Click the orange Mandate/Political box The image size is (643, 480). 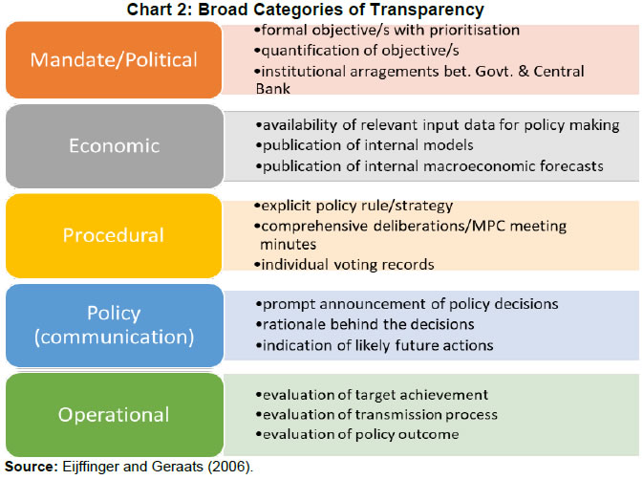point(114,60)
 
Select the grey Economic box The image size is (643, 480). point(114,146)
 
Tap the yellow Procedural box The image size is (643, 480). point(114,234)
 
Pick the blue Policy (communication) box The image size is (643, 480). point(114,324)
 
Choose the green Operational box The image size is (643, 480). point(114,414)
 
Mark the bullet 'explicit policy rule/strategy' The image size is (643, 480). point(353,205)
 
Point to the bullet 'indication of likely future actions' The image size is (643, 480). point(374,345)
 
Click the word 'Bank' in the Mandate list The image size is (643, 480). point(277,89)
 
